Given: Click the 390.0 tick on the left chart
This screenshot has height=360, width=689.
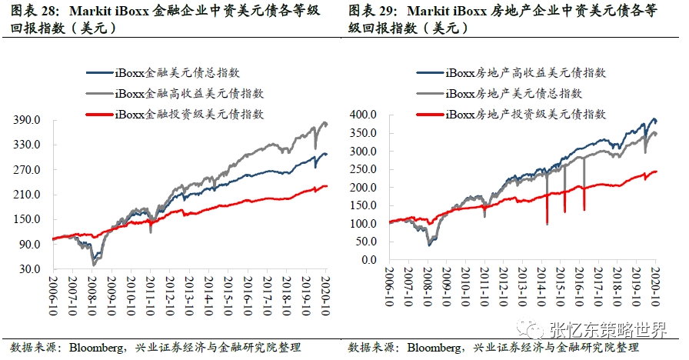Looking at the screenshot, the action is click(x=25, y=120).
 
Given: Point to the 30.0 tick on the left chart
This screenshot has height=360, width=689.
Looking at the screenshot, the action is click(x=29, y=269).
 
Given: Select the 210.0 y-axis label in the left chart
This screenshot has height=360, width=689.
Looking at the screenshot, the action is click(x=25, y=195).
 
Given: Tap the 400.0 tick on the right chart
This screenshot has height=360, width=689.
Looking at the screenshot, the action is click(x=363, y=115).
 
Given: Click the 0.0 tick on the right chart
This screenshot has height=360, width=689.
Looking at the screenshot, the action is click(x=370, y=260).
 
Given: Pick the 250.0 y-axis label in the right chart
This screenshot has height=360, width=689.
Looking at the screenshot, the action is click(x=363, y=169).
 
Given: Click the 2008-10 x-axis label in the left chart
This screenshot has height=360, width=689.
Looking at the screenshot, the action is click(x=92, y=295).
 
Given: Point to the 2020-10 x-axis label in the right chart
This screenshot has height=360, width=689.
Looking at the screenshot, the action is click(x=654, y=285).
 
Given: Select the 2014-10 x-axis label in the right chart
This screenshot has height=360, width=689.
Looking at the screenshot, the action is click(x=541, y=285).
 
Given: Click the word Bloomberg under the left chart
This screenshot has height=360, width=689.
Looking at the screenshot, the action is click(x=96, y=348).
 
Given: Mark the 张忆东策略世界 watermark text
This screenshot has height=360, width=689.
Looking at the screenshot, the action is click(x=608, y=328).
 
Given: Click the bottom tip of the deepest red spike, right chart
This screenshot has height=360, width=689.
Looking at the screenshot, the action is click(x=547, y=225).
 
